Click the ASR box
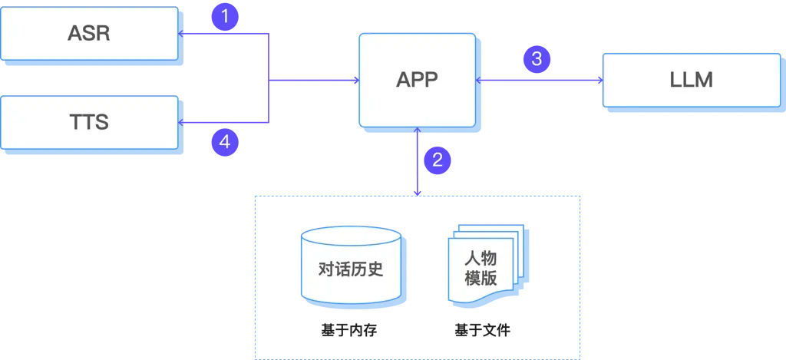coord(90,34)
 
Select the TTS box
coord(90,122)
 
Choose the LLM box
coord(691,80)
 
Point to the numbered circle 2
coord(437,160)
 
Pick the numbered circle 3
coord(537,58)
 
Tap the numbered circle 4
coord(224,141)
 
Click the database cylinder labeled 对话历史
coord(350,265)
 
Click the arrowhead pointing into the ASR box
coord(181,34)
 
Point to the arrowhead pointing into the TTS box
coord(181,122)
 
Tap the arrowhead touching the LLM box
coord(599,79)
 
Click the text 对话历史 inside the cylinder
coord(350,269)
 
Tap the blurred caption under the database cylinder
coord(350,329)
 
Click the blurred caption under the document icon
coord(484,329)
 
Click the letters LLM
coord(691,80)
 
